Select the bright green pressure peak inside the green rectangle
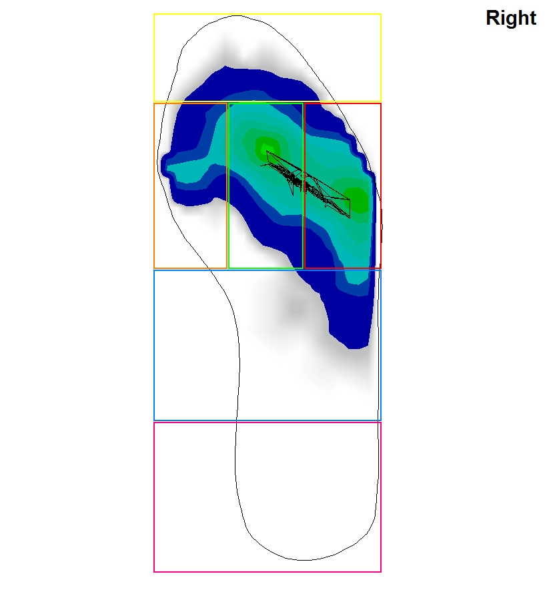(265, 146)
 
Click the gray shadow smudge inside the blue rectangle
(298, 308)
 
